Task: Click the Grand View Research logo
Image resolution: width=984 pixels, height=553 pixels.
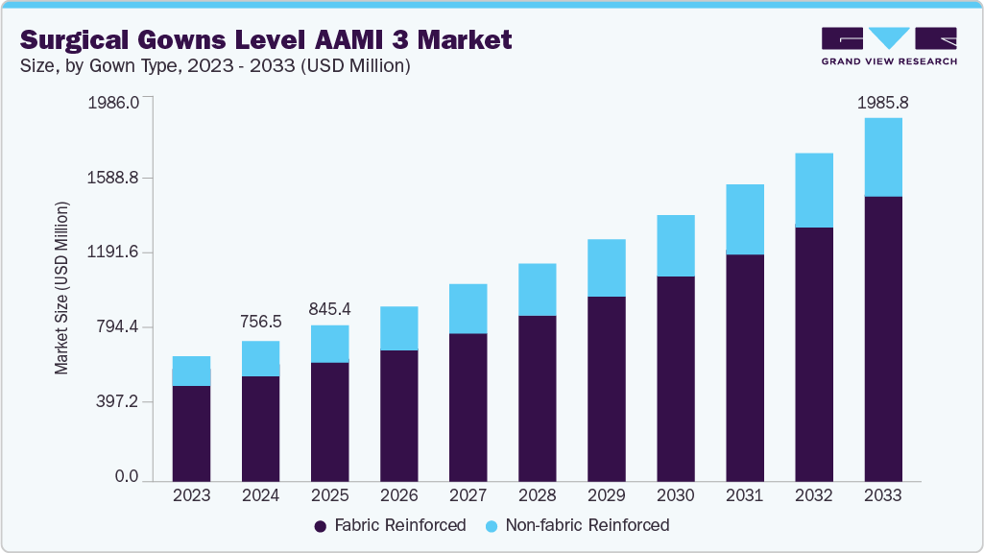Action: (889, 45)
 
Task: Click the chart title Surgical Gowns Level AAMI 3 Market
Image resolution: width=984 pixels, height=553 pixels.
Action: (266, 39)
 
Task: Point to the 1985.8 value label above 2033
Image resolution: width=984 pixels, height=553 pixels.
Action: (882, 102)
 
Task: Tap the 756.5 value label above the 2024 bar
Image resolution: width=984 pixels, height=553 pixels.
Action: (260, 323)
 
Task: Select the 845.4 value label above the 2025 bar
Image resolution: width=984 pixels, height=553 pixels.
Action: (329, 308)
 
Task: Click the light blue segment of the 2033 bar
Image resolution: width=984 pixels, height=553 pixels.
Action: (882, 156)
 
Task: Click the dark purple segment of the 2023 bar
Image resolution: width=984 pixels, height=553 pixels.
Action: (191, 432)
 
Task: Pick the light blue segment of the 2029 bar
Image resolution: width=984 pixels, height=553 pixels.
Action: (606, 268)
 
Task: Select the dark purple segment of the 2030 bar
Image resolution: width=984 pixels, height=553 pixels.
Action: (675, 378)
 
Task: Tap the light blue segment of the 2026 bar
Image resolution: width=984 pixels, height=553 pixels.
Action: (398, 328)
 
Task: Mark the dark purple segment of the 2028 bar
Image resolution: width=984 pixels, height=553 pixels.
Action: (537, 397)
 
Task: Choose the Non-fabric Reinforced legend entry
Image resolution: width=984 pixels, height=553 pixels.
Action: (576, 525)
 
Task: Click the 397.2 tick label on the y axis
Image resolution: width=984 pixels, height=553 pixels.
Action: (119, 402)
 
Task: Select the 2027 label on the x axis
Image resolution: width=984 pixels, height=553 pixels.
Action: (468, 496)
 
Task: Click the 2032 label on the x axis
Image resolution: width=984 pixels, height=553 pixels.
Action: (813, 496)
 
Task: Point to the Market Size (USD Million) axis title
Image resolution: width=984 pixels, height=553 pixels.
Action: (62, 288)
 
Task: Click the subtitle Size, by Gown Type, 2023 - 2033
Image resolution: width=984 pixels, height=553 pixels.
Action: (215, 66)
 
